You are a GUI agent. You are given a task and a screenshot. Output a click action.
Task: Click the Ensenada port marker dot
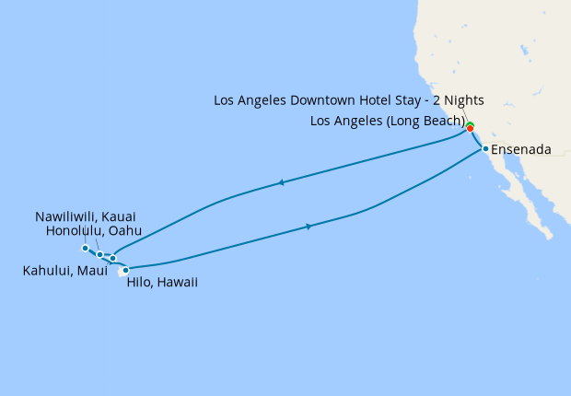tap(484, 148)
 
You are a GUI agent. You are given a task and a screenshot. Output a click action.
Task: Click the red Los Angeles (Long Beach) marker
tap(471, 128)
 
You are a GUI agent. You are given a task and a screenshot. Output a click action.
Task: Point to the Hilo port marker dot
tap(125, 270)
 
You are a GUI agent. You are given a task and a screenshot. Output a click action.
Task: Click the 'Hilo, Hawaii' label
tap(161, 283)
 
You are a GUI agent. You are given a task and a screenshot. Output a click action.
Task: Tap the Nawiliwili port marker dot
tap(85, 248)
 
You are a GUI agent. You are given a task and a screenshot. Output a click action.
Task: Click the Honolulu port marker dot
tap(99, 254)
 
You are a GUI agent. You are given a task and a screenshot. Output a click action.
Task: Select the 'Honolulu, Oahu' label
tap(98, 231)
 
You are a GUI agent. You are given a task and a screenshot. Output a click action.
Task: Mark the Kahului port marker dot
tap(112, 259)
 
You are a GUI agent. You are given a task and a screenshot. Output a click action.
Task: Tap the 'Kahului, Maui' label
tap(61, 272)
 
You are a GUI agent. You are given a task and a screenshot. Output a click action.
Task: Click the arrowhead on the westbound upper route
tap(280, 183)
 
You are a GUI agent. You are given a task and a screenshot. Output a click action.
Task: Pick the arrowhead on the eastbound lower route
tap(309, 226)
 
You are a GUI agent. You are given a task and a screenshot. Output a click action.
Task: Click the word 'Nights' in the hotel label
tap(463, 99)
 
